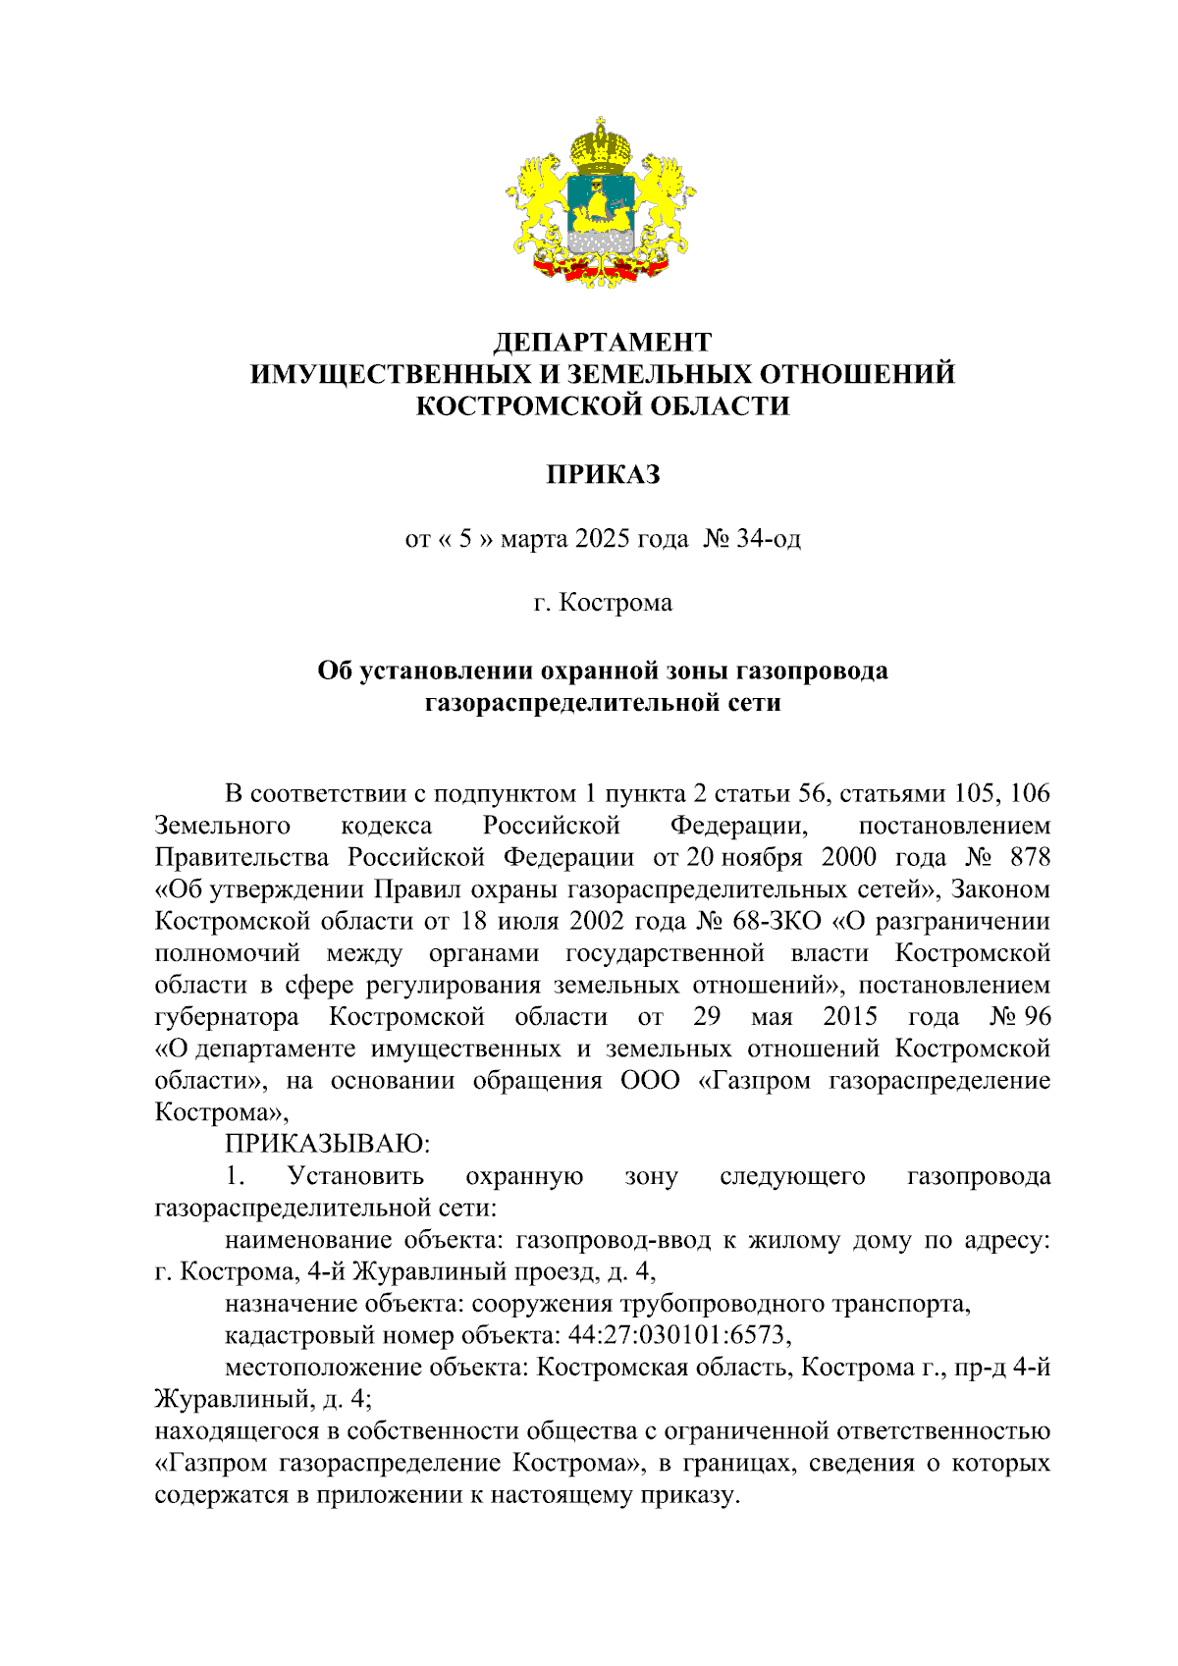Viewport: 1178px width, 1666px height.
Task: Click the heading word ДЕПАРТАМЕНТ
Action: pyautogui.click(x=602, y=342)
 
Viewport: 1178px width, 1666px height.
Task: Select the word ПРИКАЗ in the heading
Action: pyautogui.click(x=602, y=475)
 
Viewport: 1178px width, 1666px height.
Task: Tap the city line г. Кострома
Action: pyautogui.click(x=602, y=602)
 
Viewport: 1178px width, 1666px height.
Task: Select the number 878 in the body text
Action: pyautogui.click(x=1030, y=857)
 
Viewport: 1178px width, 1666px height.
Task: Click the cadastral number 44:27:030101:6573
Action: pyautogui.click(x=677, y=1335)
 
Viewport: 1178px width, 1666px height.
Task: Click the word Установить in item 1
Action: pyautogui.click(x=355, y=1176)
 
